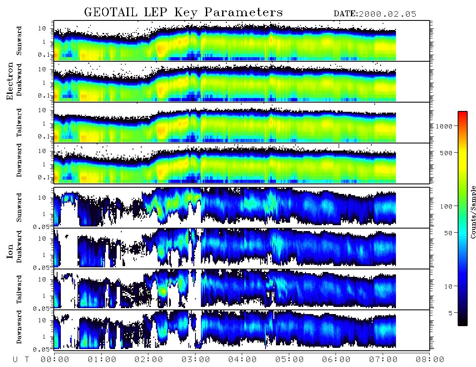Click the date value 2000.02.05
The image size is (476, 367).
pos(387,14)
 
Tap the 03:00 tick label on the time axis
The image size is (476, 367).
pos(195,359)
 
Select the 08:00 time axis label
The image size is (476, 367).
pos(430,359)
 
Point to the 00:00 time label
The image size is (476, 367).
pos(55,359)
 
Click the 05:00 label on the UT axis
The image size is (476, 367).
pos(289,359)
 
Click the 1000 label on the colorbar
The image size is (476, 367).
pos(444,126)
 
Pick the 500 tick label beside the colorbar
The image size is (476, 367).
pos(446,153)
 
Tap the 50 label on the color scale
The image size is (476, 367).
pos(448,233)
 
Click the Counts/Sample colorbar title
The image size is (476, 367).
pos(473,212)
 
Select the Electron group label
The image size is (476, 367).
pos(10,81)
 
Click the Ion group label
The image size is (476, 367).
pos(10,251)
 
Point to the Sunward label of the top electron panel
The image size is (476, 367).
pos(19,41)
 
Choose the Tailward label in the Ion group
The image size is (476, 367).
pos(19,289)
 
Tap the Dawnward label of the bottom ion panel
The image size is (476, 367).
pos(19,327)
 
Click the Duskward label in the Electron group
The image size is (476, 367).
pos(19,80)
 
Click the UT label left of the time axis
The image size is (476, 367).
pos(21,359)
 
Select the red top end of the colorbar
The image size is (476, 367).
pos(463,113)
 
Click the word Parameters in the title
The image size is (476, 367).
pos(243,12)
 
